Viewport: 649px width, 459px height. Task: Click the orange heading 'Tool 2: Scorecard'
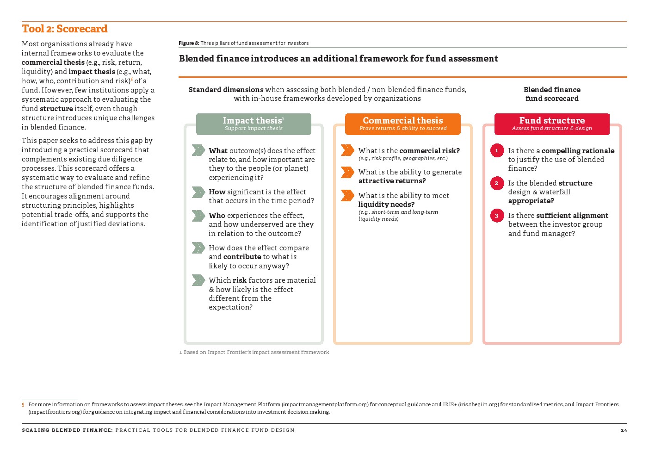coord(65,29)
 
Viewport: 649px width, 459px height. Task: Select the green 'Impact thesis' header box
coord(253,124)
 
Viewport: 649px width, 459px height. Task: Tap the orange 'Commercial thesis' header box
coord(403,124)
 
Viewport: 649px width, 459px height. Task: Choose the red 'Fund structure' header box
coord(552,124)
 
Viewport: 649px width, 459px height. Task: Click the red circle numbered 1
coord(497,150)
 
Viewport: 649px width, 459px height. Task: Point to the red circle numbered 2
coord(497,183)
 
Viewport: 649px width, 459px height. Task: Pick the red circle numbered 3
coord(497,216)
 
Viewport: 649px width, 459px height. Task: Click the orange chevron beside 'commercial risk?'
coord(347,150)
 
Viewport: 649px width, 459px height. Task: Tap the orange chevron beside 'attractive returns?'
coord(347,172)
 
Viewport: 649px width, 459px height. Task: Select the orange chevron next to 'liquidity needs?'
coord(347,195)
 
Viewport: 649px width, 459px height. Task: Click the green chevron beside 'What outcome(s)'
coord(198,150)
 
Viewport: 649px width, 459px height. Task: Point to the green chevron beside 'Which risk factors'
coord(198,280)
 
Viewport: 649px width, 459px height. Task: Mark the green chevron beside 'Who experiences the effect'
coord(198,216)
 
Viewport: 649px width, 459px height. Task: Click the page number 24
coord(624,430)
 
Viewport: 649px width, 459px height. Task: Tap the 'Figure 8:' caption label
coord(189,43)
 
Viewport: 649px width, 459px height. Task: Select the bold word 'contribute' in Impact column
coord(242,257)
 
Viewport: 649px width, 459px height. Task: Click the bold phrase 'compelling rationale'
coord(578,151)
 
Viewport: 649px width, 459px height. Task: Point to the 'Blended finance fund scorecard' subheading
coord(552,94)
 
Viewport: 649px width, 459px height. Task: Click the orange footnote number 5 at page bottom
coord(23,405)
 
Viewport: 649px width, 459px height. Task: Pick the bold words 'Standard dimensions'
coord(226,90)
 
